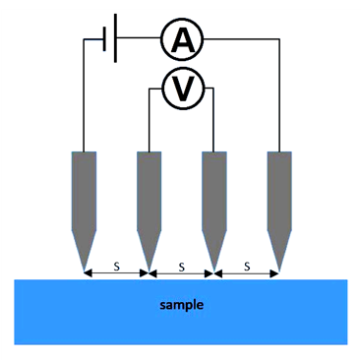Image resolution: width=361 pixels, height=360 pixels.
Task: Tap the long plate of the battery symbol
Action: click(115, 38)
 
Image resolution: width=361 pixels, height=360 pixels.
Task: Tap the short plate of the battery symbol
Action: click(104, 39)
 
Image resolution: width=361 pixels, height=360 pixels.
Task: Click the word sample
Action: click(182, 305)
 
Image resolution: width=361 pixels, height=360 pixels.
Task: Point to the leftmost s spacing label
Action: click(117, 267)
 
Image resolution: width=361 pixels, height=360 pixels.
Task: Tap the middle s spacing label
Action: click(182, 268)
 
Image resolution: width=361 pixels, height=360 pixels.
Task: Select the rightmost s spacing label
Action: click(247, 267)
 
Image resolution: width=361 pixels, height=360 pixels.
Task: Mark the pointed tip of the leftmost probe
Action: click(84, 271)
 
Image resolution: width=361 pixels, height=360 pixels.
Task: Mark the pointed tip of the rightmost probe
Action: click(279, 271)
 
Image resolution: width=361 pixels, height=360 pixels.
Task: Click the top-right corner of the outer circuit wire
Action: click(279, 39)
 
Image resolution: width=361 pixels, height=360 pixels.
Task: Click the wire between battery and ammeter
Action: click(139, 38)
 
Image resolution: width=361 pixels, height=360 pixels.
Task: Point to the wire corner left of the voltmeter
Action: click(150, 89)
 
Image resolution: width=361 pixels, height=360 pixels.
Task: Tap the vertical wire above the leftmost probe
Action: click(84, 95)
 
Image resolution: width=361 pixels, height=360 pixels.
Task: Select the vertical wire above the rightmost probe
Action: click(279, 95)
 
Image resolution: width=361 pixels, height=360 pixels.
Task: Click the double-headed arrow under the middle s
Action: click(182, 273)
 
